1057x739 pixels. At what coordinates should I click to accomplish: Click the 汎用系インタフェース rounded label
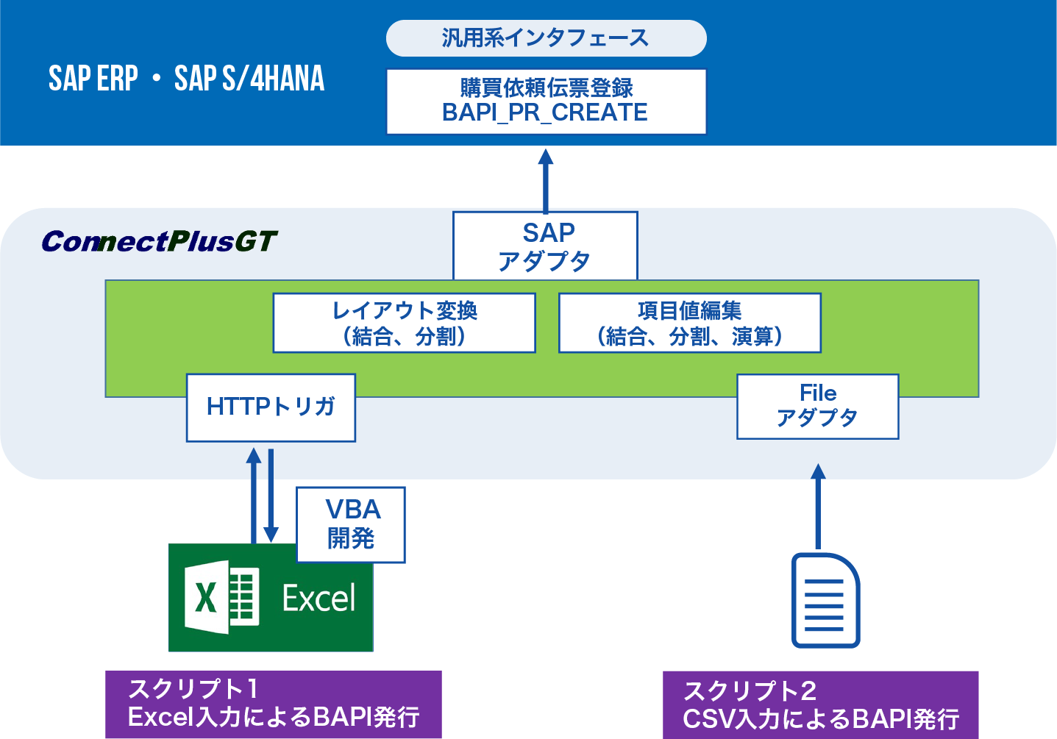(x=546, y=38)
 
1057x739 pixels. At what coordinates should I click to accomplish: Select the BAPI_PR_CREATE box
(x=546, y=101)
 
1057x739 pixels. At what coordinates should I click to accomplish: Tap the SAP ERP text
(x=93, y=79)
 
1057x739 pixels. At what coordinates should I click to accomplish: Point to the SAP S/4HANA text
(x=249, y=79)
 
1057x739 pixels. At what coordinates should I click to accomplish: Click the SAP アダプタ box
(x=545, y=246)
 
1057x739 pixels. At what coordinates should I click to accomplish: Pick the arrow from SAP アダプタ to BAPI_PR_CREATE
(x=546, y=181)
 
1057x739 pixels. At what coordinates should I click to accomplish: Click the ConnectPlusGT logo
(x=159, y=241)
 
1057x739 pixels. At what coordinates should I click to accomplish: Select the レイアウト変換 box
(x=404, y=323)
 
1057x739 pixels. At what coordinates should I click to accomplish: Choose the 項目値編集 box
(x=689, y=323)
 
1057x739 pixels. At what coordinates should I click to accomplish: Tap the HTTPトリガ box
(x=271, y=407)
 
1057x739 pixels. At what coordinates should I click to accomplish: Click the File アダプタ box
(x=817, y=407)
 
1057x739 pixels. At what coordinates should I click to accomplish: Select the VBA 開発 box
(x=351, y=524)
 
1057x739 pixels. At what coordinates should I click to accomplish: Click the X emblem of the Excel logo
(x=207, y=597)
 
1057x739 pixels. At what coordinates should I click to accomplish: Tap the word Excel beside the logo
(x=318, y=599)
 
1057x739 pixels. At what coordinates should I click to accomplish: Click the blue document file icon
(x=825, y=600)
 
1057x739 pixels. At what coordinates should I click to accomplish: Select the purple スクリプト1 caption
(x=273, y=704)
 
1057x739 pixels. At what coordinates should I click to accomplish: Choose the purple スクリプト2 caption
(x=820, y=705)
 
